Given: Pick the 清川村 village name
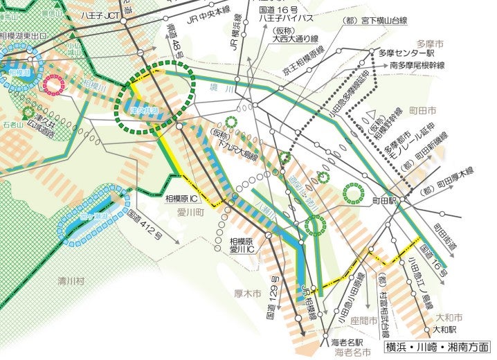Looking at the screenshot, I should point(71,282).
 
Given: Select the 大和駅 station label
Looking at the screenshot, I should point(446,330).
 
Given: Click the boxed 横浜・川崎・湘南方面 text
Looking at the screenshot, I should point(437,348).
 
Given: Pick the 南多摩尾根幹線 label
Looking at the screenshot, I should point(417,65).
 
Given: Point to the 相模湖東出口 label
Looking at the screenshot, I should point(24,35).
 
